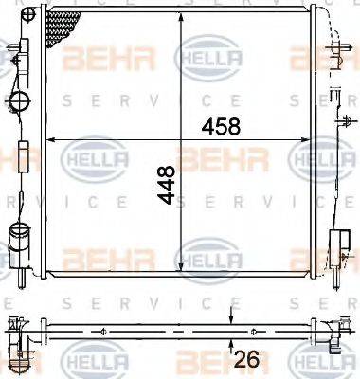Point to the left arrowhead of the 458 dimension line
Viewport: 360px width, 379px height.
pyautogui.click(x=50, y=140)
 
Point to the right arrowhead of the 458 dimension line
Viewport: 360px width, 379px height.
pyautogui.click(x=313, y=140)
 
